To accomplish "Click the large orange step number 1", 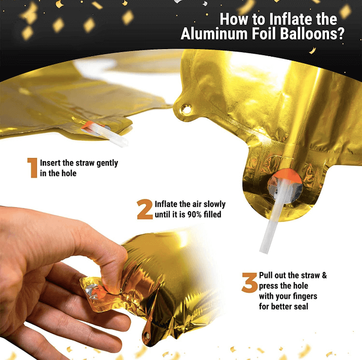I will [x=32, y=168].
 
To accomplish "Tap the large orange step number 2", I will [x=144, y=209].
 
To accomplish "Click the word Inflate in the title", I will [x=280, y=19].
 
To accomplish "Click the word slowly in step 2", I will [x=213, y=205].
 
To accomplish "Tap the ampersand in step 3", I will [x=324, y=275].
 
